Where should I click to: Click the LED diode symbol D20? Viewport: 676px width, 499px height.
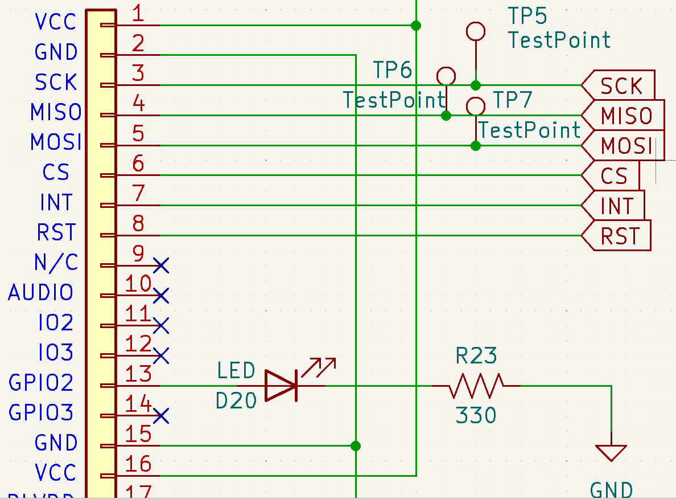[281, 386]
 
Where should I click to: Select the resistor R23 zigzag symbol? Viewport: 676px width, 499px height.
[476, 386]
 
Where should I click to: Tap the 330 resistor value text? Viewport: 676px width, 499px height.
[476, 416]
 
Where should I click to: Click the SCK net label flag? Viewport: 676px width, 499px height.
[619, 85]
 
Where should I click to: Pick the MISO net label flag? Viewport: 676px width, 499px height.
[624, 116]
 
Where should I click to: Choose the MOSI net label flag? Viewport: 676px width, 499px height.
[624, 146]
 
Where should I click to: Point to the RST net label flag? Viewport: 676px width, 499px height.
[617, 235]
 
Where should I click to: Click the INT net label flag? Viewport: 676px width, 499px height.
[614, 206]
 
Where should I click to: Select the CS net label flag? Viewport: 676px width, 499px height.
[612, 175]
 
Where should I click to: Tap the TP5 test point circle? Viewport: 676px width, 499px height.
[475, 31]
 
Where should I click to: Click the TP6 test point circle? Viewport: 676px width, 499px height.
[446, 76]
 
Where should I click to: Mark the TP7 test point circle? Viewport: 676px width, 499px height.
[475, 106]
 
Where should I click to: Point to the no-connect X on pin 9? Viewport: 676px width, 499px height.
[161, 265]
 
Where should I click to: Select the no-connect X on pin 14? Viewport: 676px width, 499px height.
[161, 416]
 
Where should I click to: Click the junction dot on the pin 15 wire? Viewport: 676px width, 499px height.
[356, 445]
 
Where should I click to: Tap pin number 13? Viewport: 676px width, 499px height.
[139, 375]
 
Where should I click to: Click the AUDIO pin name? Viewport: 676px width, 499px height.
[41, 293]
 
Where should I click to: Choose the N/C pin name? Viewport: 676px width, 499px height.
[56, 263]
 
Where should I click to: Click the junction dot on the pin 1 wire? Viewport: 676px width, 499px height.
[416, 26]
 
